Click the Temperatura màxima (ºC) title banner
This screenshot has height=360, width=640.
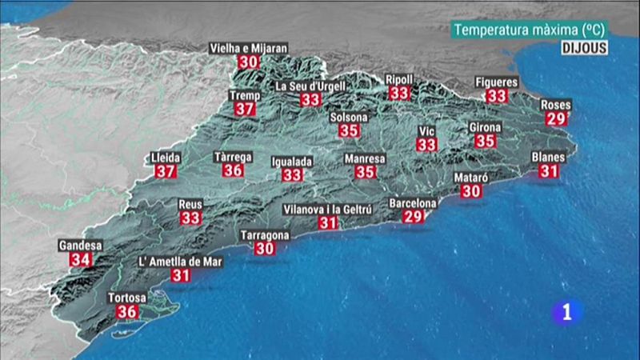pyautogui.click(x=529, y=30)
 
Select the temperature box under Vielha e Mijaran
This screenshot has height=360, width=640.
pyautogui.click(x=248, y=62)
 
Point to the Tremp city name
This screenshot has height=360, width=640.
pyautogui.click(x=245, y=95)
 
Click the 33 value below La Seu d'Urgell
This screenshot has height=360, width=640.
pyautogui.click(x=310, y=100)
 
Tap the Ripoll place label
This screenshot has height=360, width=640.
pyautogui.click(x=399, y=79)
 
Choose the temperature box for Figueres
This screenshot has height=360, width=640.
pyautogui.click(x=497, y=95)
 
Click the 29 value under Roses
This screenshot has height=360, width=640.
pyautogui.click(x=554, y=118)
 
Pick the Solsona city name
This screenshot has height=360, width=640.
pyautogui.click(x=349, y=118)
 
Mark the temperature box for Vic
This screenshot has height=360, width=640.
pyautogui.click(x=427, y=145)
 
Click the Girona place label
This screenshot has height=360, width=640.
pyautogui.click(x=485, y=127)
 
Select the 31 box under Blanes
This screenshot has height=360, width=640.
pyautogui.click(x=549, y=170)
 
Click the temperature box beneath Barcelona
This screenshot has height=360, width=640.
pyautogui.click(x=413, y=217)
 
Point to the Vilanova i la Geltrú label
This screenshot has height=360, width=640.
pyautogui.click(x=327, y=210)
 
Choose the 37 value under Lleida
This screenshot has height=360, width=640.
pyautogui.click(x=166, y=171)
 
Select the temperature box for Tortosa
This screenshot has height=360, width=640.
pyautogui.click(x=127, y=312)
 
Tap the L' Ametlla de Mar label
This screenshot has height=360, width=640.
pyautogui.click(x=180, y=262)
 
